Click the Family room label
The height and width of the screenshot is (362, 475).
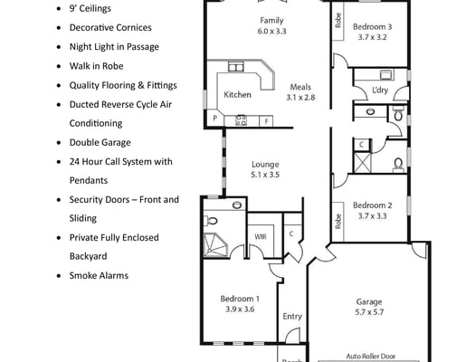[271, 20]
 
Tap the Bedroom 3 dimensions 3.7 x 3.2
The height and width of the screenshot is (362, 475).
[372, 37]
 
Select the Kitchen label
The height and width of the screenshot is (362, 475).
[237, 95]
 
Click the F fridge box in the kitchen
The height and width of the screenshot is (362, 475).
[266, 121]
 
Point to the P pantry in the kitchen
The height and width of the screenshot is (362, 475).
[214, 119]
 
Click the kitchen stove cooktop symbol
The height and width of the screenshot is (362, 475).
[242, 120]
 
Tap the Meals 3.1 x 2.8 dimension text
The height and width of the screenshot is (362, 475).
[300, 98]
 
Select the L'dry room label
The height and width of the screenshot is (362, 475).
[380, 90]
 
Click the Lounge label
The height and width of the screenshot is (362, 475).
[265, 164]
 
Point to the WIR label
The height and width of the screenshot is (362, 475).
[261, 236]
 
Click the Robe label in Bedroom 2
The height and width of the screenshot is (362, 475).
[338, 222]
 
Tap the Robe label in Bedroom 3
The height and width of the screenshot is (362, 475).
[338, 20]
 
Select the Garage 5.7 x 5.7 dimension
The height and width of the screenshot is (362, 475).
[369, 312]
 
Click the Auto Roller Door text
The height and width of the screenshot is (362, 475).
[371, 357]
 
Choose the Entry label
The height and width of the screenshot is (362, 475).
[292, 317]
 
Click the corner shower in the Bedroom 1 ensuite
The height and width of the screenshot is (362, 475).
[215, 244]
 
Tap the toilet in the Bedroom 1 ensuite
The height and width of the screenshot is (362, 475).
[210, 221]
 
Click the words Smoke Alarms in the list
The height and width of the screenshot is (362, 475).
[99, 276]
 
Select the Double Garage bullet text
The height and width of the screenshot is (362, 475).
[100, 143]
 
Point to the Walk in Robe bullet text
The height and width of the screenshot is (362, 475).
[96, 66]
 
